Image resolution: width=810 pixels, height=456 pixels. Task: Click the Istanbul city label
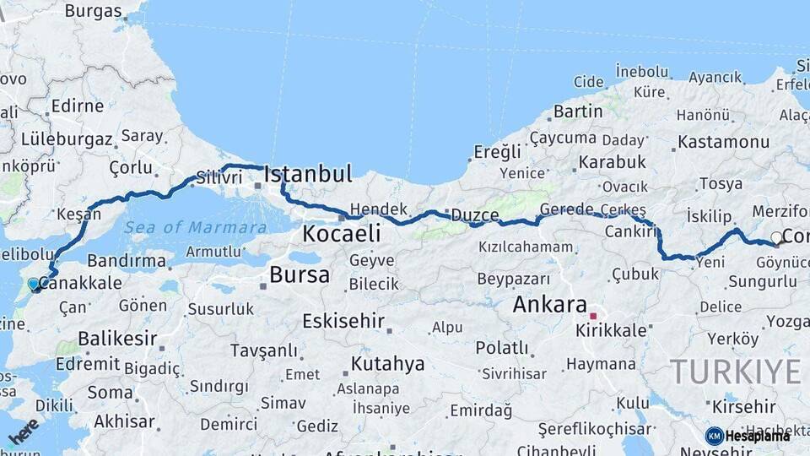pos(308,175)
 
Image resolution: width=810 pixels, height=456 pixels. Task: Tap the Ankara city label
pos(549,304)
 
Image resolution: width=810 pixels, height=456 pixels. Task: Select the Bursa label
pos(300,274)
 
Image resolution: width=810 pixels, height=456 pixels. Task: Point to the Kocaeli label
pos(342,233)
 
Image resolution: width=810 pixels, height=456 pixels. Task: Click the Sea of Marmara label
pos(196,226)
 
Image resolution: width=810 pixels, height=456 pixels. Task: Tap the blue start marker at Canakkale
pos(35,285)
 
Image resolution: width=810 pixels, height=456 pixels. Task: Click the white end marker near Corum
pos(777,238)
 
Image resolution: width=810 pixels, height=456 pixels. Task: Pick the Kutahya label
pos(387,364)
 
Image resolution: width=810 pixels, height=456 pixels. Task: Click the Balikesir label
pos(117,339)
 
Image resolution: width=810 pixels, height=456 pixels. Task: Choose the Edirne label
pos(77,106)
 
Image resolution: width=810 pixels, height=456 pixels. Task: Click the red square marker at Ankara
pos(593,316)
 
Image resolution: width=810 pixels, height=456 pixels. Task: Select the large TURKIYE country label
pos(736,371)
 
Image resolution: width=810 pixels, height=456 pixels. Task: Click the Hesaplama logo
pos(748,436)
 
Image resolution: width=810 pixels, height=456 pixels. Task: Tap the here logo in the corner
pos(23,432)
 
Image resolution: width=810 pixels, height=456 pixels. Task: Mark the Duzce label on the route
pos(474,214)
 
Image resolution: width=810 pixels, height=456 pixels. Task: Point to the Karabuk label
pos(613,161)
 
